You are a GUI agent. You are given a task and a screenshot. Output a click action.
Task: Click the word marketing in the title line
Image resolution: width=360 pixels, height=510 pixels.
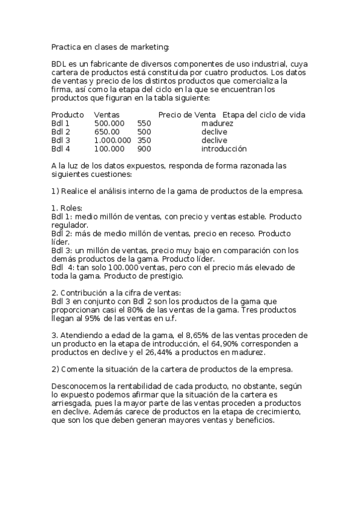coord(150,46)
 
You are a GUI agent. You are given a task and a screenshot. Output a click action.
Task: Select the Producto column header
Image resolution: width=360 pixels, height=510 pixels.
coord(67,114)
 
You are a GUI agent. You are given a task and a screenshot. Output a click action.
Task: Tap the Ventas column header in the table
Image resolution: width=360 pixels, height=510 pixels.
coord(107,114)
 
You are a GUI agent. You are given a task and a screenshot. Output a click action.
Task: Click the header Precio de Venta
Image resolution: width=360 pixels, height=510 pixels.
coord(187,114)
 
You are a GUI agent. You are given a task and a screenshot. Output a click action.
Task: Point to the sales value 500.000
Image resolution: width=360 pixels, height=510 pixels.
coord(109,123)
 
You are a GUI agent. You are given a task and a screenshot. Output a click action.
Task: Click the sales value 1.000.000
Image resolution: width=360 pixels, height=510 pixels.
coord(113,140)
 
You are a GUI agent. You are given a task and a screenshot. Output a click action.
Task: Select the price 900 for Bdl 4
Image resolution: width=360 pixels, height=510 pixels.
coord(144,149)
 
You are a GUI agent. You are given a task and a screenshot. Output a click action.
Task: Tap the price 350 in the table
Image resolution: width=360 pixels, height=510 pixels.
coord(144,140)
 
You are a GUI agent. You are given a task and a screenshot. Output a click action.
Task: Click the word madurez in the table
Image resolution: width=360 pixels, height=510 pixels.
coord(218,123)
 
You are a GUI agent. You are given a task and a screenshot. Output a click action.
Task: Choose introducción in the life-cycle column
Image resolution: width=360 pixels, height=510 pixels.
coord(224,149)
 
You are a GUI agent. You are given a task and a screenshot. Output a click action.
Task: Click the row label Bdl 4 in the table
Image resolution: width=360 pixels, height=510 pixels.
coord(61,149)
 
